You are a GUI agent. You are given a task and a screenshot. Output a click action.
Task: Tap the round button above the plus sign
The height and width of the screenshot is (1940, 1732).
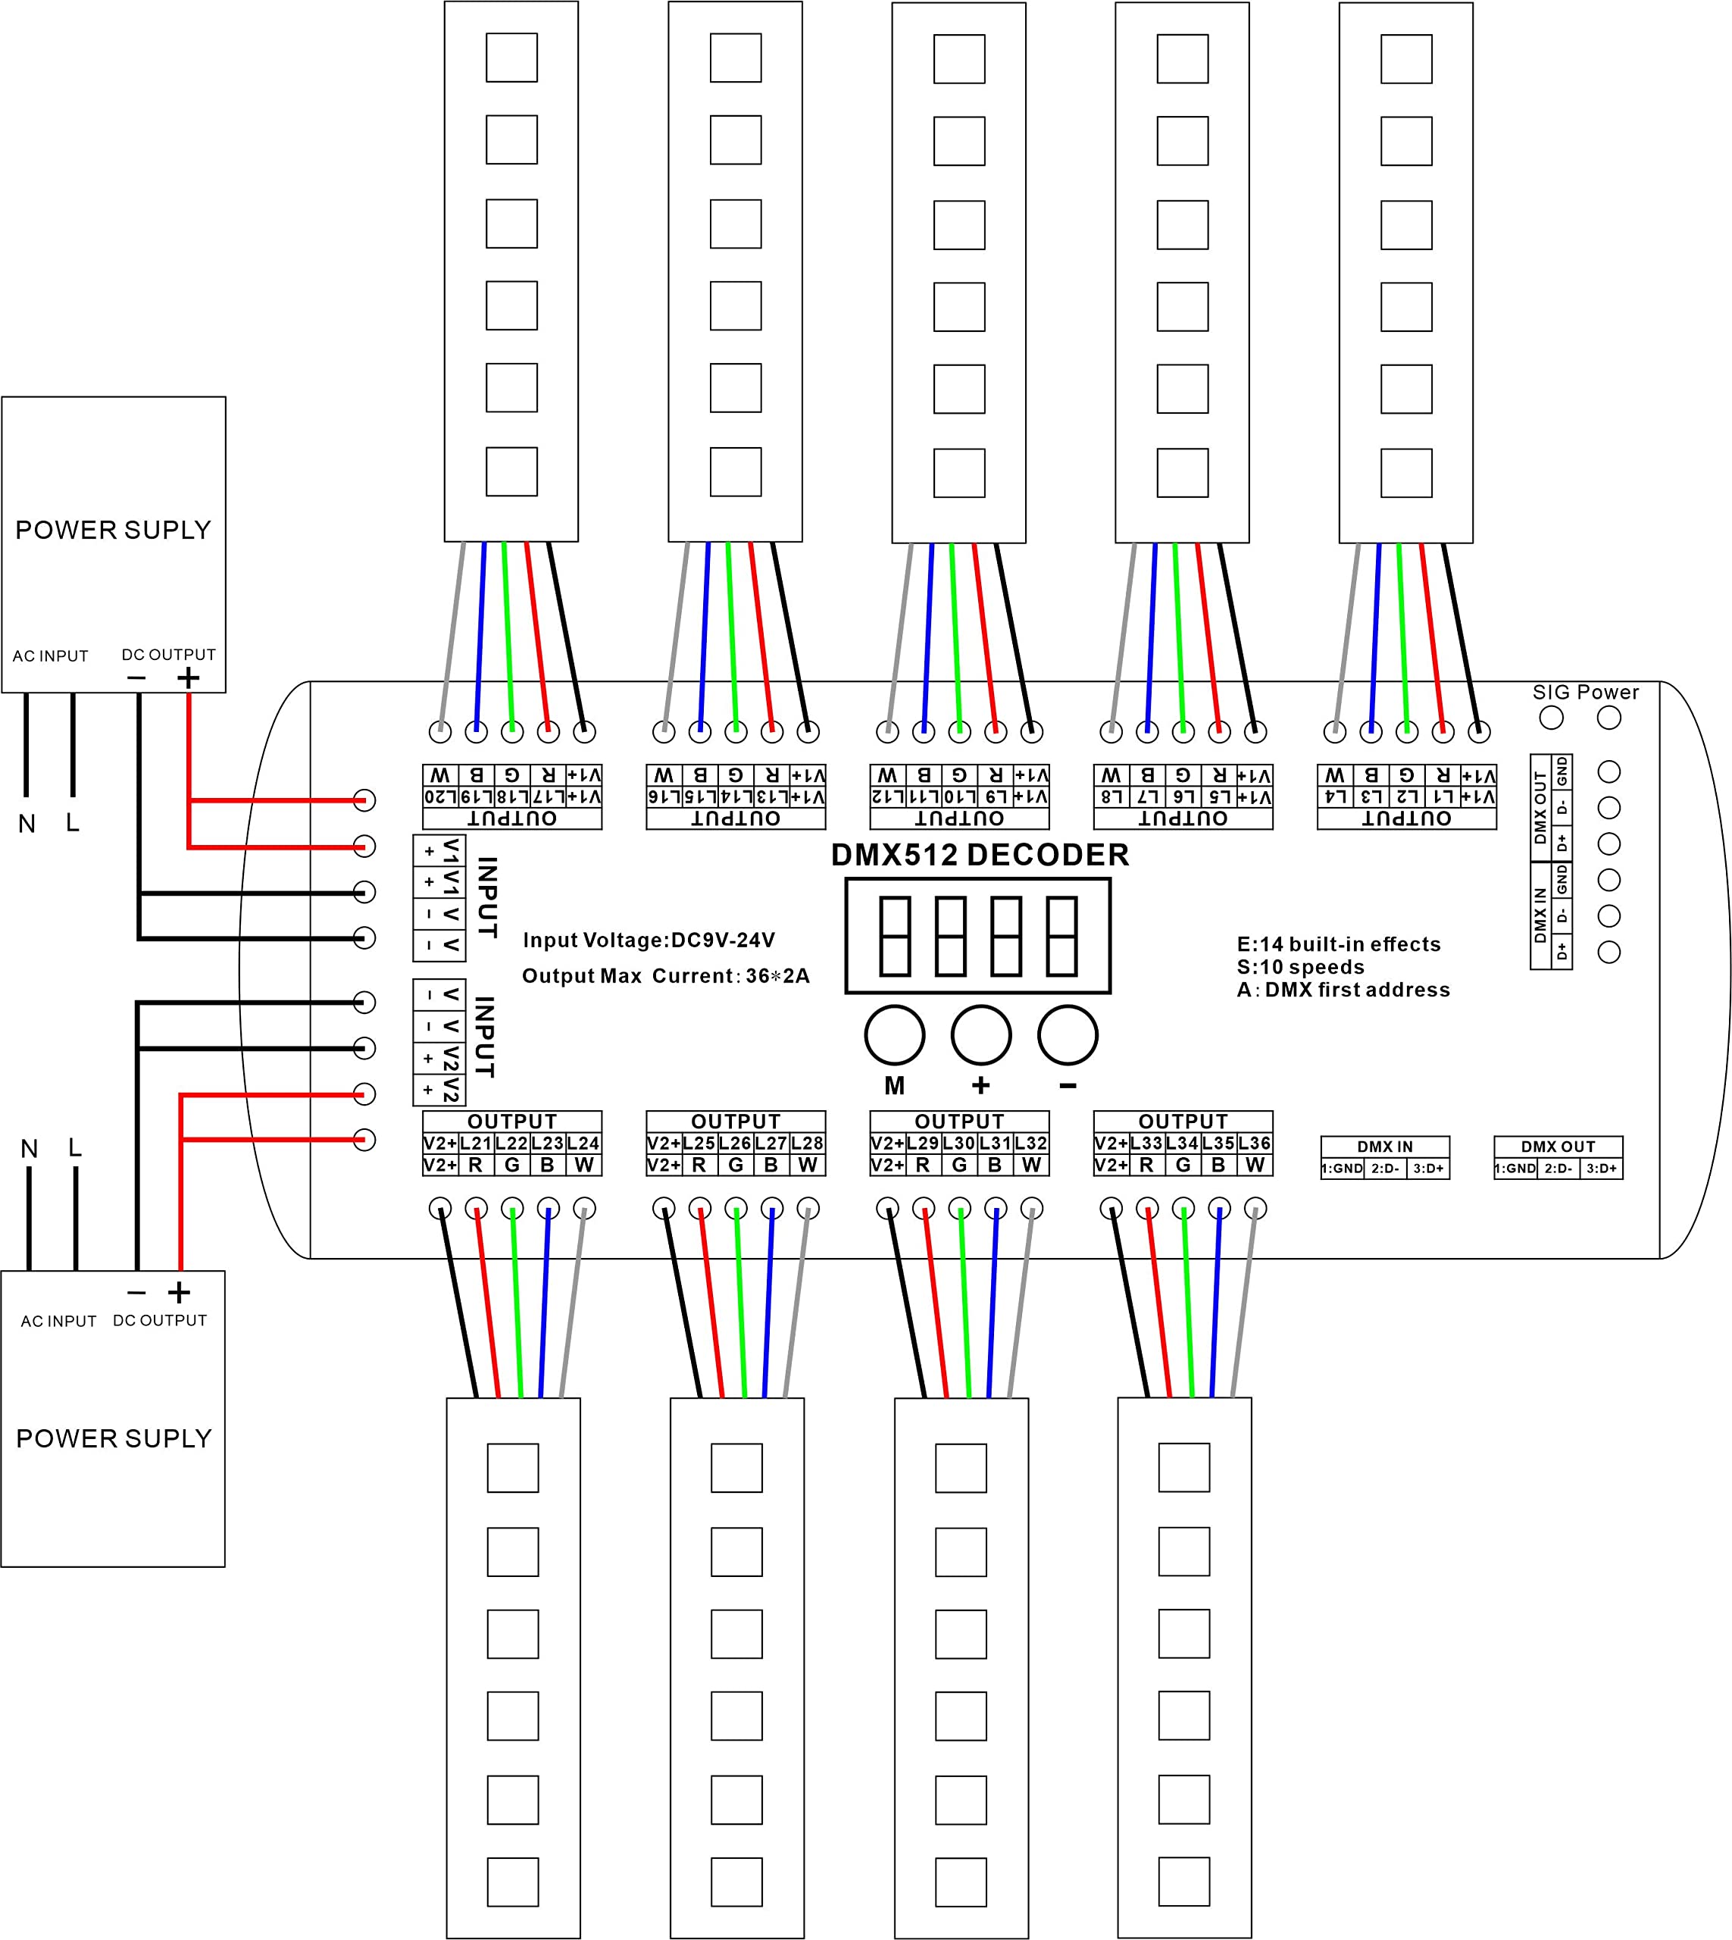(x=980, y=1034)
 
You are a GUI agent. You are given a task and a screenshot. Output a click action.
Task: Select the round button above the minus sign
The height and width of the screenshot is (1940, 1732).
(x=1067, y=1034)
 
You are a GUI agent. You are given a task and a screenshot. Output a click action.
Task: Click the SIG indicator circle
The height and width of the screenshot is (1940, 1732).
(x=1551, y=717)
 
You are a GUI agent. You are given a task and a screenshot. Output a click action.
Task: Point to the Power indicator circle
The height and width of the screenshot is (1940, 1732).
(x=1609, y=717)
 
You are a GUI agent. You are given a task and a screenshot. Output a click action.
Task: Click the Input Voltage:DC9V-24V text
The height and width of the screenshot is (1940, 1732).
(x=649, y=940)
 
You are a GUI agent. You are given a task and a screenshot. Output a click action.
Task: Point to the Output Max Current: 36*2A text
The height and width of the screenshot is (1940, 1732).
(x=665, y=976)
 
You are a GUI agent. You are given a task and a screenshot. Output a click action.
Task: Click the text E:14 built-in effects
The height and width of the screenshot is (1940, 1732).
(x=1338, y=943)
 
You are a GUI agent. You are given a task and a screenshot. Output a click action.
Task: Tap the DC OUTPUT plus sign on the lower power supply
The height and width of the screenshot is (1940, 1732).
(x=179, y=1292)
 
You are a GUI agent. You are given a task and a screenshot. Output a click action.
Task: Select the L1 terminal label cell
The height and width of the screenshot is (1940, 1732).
(x=1443, y=796)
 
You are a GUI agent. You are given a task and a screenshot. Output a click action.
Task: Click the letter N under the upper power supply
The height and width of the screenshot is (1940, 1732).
(x=27, y=824)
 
